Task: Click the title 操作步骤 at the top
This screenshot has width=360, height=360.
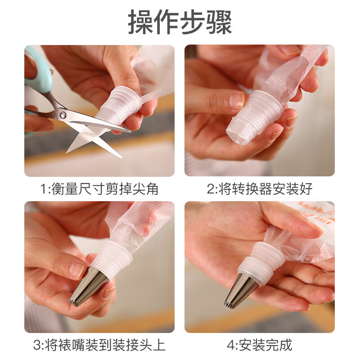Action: click(x=180, y=22)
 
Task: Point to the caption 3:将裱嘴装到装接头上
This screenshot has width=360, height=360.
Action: click(x=99, y=345)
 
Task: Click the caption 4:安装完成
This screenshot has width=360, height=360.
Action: click(x=259, y=345)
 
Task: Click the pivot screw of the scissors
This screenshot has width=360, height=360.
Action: click(x=63, y=115)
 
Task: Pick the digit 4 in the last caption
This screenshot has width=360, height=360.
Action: click(x=231, y=345)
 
